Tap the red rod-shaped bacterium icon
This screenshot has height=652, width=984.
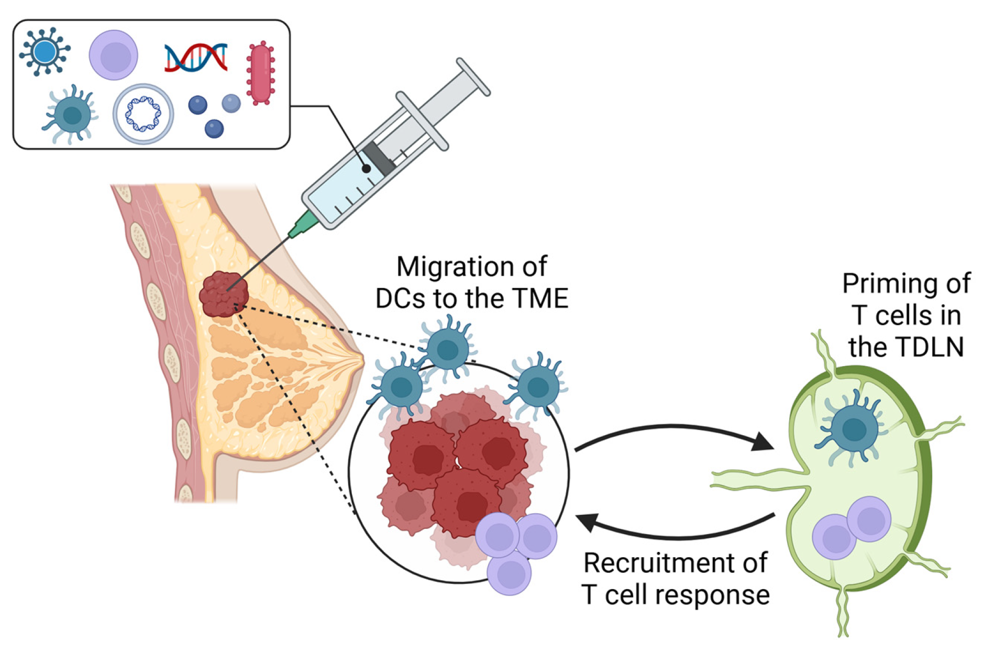pos(260,73)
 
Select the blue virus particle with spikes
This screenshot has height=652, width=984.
pos(45,51)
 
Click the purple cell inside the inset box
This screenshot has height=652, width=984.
pos(113,55)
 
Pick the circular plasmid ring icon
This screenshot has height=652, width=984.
pos(143,114)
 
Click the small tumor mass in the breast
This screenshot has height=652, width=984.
pos(222,295)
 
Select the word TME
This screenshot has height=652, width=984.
pos(543,299)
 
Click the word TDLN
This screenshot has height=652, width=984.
pos(906,347)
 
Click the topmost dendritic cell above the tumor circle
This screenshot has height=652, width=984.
pos(448,350)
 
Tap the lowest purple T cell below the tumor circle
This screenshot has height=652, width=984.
pos(510,573)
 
